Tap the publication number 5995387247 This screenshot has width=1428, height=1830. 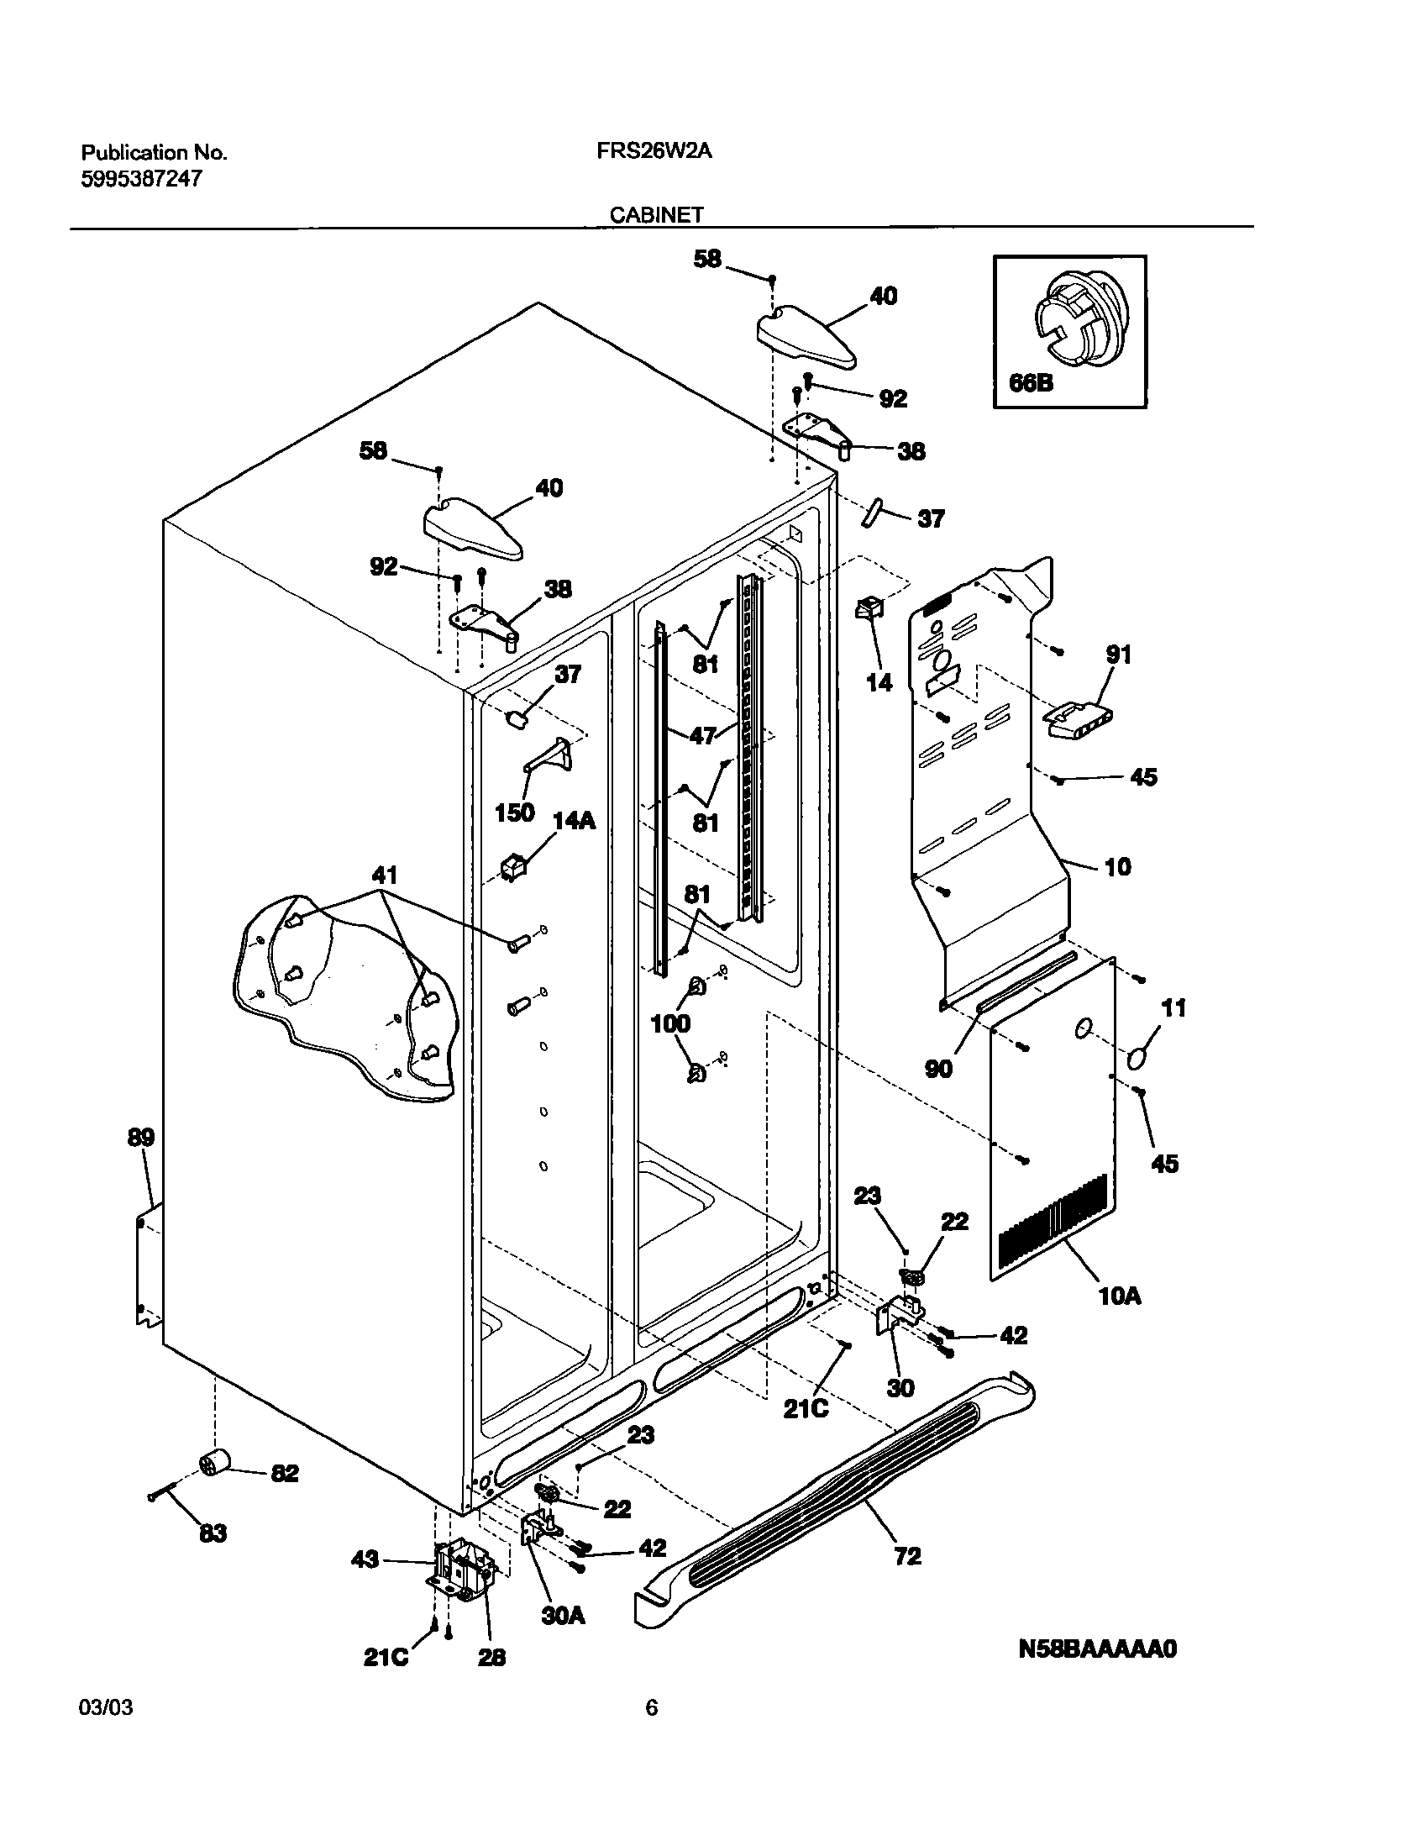coord(141,178)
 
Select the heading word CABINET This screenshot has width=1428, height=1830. coord(656,215)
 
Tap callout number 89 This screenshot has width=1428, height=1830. coord(141,1138)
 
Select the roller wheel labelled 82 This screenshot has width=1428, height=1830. coord(217,1465)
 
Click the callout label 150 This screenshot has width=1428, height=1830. coord(514,812)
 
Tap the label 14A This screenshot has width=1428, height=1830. coord(574,820)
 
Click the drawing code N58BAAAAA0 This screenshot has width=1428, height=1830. coord(1097,1649)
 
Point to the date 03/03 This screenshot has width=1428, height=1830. coord(106,1731)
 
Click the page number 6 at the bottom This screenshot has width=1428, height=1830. coord(651,1731)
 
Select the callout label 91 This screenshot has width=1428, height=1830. coord(1119,654)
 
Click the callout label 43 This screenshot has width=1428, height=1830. coord(365,1560)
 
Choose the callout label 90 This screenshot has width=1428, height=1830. coord(938,1068)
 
